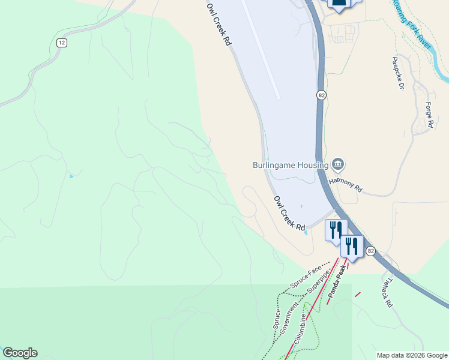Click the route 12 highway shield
coord(62,43)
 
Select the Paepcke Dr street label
coord(399,73)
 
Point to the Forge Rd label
coord(429,115)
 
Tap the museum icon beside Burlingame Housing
coord(338,164)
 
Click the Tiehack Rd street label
coord(387,292)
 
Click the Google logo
coord(20,353)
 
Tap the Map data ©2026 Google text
coord(412,355)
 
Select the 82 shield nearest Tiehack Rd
coord(370,251)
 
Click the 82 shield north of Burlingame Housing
coord(322,95)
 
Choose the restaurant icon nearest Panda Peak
coord(352,245)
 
